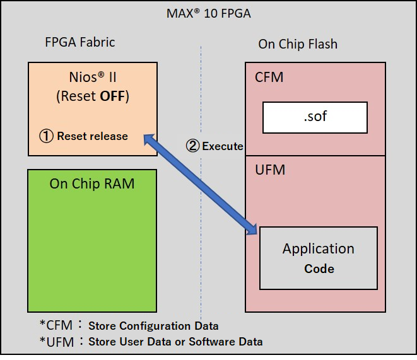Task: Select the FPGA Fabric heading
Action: click(80, 42)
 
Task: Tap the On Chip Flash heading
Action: click(298, 44)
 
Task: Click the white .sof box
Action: click(315, 117)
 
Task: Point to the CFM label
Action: click(269, 78)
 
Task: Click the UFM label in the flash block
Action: click(269, 170)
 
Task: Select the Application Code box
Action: click(318, 258)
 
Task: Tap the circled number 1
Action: click(46, 136)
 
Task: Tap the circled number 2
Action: click(192, 146)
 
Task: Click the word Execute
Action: click(223, 146)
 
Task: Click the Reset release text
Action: click(92, 136)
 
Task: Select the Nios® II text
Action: click(91, 78)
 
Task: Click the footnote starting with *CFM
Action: click(129, 326)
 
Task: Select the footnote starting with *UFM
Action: click(151, 342)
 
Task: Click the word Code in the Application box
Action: click(319, 268)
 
